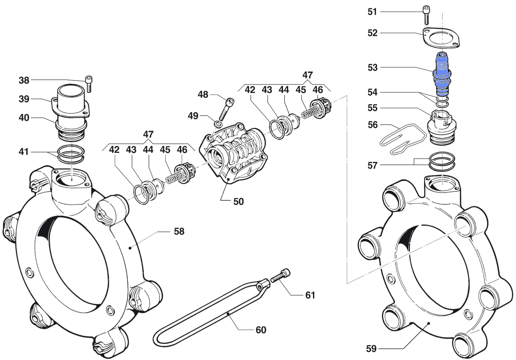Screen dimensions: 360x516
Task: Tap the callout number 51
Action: click(372, 12)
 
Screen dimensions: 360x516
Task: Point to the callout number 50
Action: click(238, 201)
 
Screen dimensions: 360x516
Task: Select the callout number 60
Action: click(261, 330)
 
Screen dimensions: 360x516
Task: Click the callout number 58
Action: click(179, 231)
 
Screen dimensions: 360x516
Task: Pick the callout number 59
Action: click(371, 349)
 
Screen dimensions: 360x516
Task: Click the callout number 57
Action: click(372, 166)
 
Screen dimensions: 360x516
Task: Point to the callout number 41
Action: click(24, 152)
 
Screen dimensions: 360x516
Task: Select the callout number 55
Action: click(372, 108)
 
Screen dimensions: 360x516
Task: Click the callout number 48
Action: click(203, 94)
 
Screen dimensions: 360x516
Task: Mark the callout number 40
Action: click(24, 118)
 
